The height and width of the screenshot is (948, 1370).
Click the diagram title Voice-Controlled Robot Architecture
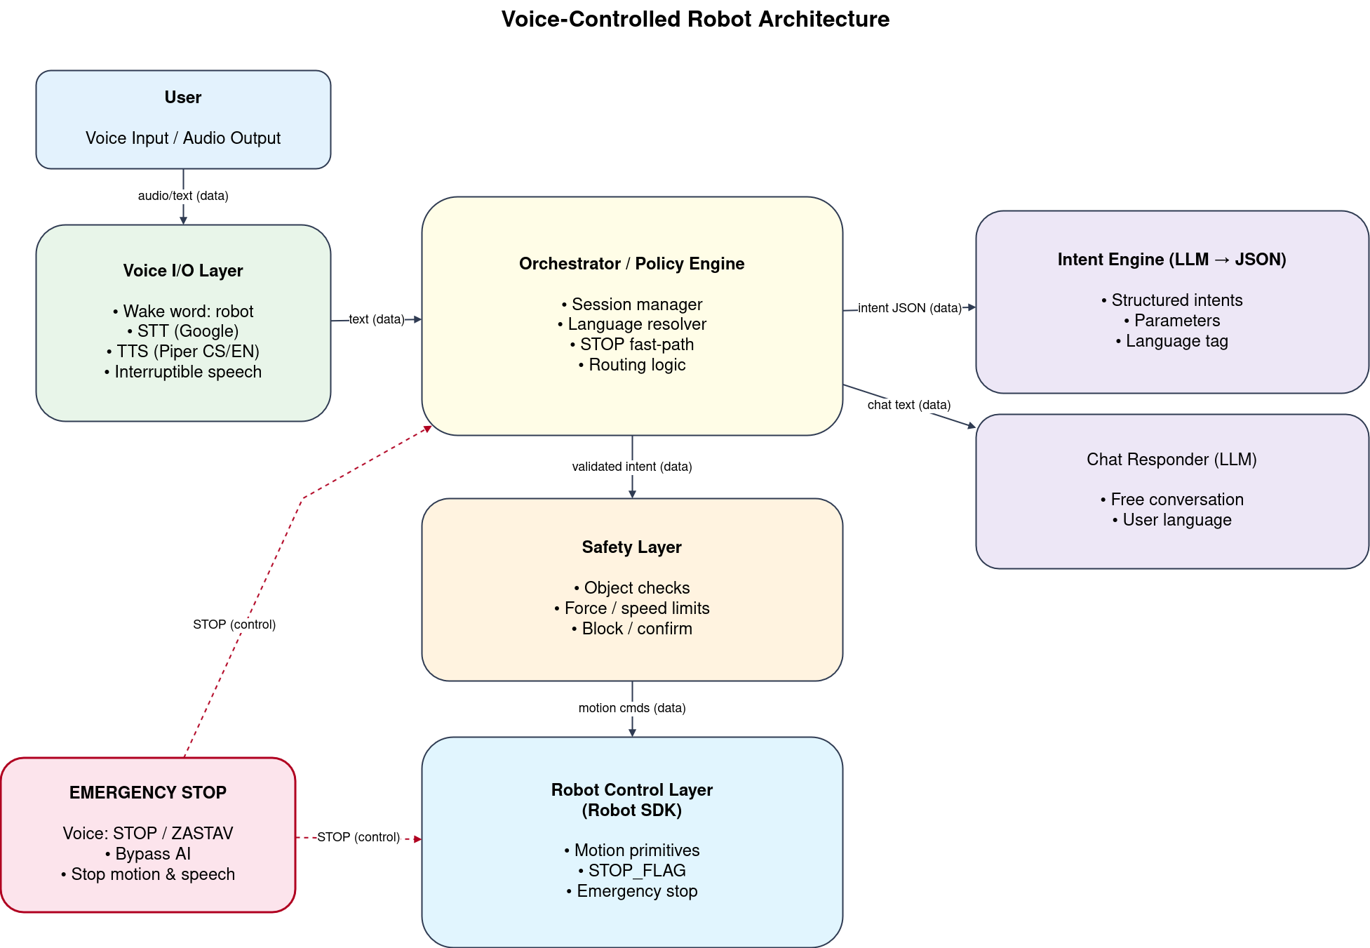tap(694, 19)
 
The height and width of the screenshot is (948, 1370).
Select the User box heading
tap(183, 98)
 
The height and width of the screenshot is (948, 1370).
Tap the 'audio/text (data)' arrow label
tap(183, 196)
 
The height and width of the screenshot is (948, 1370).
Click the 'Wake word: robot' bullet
tap(183, 311)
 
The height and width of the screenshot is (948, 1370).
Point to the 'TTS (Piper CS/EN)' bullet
tap(183, 352)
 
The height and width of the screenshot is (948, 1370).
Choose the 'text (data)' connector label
tap(377, 319)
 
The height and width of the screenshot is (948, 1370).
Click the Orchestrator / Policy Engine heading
tap(631, 264)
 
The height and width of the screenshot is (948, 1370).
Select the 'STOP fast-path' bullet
tap(631, 345)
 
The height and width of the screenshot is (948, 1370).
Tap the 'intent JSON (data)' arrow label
tap(909, 308)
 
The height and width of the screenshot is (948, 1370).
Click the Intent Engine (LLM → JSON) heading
tap(1171, 260)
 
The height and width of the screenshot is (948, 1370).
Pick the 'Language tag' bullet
tap(1171, 341)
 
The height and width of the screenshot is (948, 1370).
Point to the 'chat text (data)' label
tap(908, 405)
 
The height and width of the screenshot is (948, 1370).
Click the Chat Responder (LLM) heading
tap(1171, 460)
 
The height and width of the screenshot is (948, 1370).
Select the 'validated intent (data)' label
tap(631, 467)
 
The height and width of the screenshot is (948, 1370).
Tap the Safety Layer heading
tap(631, 547)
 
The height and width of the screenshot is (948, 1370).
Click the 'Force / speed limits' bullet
tap(631, 608)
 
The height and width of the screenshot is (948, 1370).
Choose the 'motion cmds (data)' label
tap(631, 708)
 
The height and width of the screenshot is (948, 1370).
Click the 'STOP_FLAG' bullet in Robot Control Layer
tap(631, 871)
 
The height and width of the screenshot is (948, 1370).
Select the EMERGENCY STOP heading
tap(148, 793)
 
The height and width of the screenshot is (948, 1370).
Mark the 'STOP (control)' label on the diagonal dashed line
tap(234, 625)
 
